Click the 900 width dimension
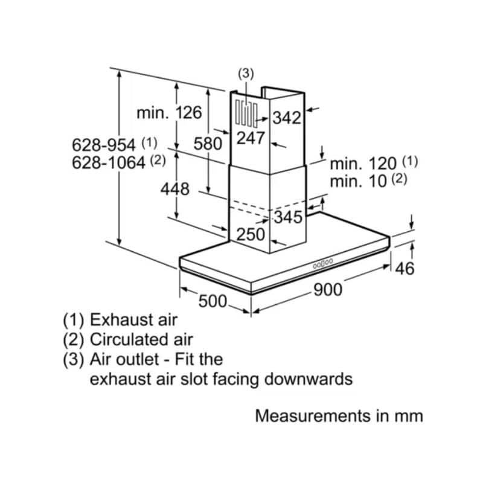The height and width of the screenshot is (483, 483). (x=328, y=290)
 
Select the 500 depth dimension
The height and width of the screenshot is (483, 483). (x=213, y=301)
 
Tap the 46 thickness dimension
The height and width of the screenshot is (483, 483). (x=405, y=268)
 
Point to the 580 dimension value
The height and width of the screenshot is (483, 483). (x=208, y=144)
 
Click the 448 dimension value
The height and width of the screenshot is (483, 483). (x=174, y=189)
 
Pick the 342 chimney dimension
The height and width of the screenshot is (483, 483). (x=287, y=118)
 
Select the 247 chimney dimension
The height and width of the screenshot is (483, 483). (x=251, y=138)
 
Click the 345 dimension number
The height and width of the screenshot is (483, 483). (x=289, y=217)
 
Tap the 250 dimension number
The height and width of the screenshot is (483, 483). (x=251, y=234)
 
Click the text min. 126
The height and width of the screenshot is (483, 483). (x=169, y=113)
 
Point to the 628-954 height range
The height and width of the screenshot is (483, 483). (x=103, y=145)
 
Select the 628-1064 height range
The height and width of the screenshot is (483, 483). (x=109, y=162)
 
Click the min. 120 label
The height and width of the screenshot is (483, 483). (x=363, y=164)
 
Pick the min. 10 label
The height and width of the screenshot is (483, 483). (x=358, y=181)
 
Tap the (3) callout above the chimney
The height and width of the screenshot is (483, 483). (x=246, y=74)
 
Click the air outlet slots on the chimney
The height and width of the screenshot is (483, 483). (x=246, y=114)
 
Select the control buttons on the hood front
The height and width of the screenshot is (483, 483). (x=323, y=263)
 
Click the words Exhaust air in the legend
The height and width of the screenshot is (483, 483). (x=133, y=320)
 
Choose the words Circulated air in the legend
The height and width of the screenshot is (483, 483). (x=141, y=339)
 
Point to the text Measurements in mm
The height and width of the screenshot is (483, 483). (x=339, y=416)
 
